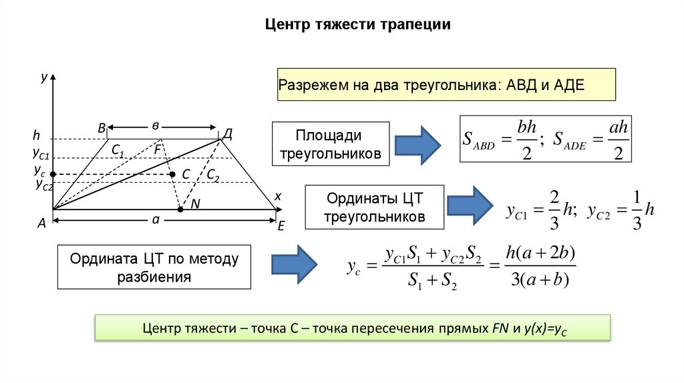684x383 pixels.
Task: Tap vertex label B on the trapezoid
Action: pyautogui.click(x=102, y=128)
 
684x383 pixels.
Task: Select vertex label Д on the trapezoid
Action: pyautogui.click(x=227, y=134)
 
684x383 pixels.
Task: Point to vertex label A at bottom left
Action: pyautogui.click(x=41, y=225)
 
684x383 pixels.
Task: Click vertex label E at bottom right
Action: pyautogui.click(x=281, y=227)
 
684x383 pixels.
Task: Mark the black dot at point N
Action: pyautogui.click(x=180, y=210)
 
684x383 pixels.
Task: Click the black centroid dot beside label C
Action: pyautogui.click(x=172, y=174)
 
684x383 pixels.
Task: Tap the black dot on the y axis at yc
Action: pyautogui.click(x=53, y=174)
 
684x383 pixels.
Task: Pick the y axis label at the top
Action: pyautogui.click(x=43, y=78)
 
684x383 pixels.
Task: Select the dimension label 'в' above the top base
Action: pyautogui.click(x=155, y=125)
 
